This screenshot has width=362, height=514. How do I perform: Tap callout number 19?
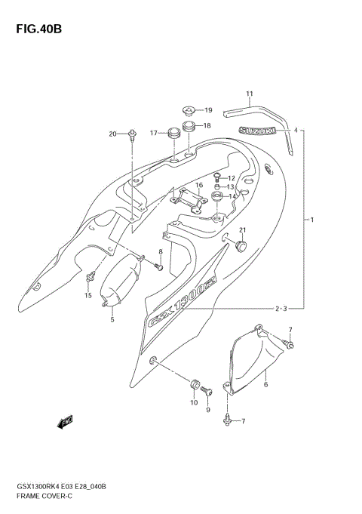(x=208, y=110)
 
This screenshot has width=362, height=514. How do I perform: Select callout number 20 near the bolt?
(x=113, y=134)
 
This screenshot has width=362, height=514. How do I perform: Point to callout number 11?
(x=249, y=94)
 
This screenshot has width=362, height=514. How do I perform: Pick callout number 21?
(x=243, y=230)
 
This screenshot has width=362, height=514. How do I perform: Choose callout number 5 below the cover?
(x=112, y=320)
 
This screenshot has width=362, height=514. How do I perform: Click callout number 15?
(x=87, y=295)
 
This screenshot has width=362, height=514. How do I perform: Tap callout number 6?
(x=265, y=384)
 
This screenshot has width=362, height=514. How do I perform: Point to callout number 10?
(x=192, y=403)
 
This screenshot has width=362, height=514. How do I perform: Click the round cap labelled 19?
(x=189, y=110)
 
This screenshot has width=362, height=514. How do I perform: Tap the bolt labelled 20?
(x=133, y=135)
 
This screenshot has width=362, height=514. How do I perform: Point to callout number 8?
(x=160, y=251)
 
